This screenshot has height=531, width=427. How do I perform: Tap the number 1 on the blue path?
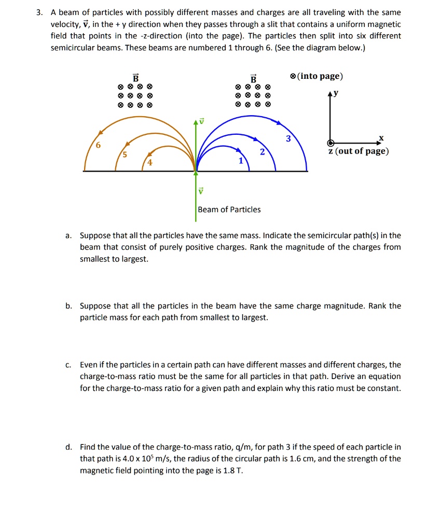click(240, 161)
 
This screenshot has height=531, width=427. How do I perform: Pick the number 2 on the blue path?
click(263, 152)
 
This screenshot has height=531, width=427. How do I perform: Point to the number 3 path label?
click(288, 139)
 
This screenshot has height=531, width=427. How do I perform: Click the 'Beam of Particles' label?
click(229, 209)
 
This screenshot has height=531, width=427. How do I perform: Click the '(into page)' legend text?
click(320, 76)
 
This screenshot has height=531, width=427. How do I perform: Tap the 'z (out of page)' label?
click(359, 151)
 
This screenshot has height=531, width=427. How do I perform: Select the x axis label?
click(381, 137)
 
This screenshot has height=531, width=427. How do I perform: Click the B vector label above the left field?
click(135, 78)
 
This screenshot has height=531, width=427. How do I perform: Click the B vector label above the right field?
click(253, 78)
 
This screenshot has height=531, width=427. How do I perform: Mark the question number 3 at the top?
click(39, 12)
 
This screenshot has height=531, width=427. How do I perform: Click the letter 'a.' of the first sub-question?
click(68, 235)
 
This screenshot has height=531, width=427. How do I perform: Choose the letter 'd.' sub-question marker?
click(68, 447)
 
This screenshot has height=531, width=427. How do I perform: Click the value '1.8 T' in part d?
click(232, 471)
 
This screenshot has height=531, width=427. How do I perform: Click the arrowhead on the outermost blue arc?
click(279, 123)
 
